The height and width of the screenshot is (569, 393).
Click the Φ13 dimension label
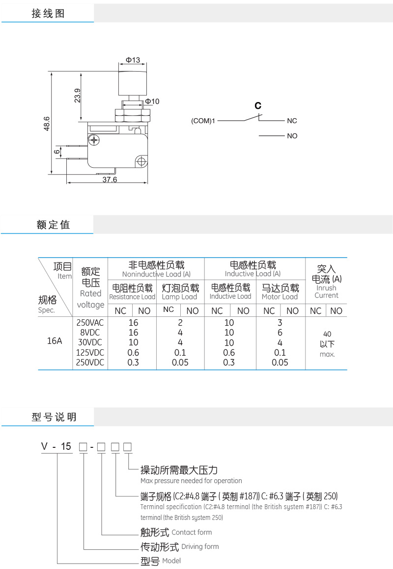click(x=133, y=60)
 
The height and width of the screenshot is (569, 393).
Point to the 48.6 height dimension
click(x=47, y=124)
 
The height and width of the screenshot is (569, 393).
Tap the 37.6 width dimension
click(x=110, y=180)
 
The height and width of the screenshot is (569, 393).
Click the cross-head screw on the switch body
click(x=95, y=141)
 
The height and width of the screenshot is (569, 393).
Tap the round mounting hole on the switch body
click(x=142, y=161)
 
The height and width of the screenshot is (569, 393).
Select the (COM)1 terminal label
click(x=203, y=121)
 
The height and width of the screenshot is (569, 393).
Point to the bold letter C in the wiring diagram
click(x=258, y=105)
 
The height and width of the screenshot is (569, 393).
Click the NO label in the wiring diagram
click(x=292, y=136)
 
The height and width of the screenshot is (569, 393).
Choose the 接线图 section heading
click(x=48, y=14)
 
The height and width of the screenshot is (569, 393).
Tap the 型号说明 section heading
click(x=54, y=417)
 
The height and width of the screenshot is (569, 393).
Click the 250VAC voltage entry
click(x=90, y=323)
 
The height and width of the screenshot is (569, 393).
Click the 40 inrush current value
click(x=327, y=334)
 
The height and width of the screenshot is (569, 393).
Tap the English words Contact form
click(x=192, y=532)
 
